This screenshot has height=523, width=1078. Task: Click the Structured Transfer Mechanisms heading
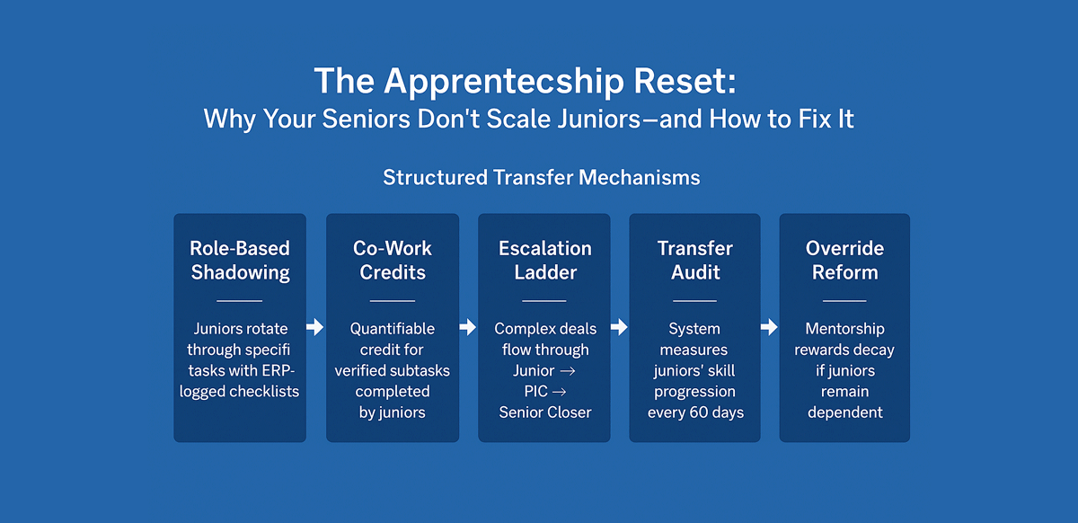[541, 177]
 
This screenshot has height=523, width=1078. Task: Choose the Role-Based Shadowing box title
[239, 260]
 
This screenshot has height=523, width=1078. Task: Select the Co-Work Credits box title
[392, 260]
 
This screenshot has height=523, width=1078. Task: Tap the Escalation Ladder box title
[544, 260]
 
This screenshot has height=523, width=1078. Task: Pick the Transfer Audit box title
[694, 260]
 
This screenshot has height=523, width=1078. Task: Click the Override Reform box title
[844, 260]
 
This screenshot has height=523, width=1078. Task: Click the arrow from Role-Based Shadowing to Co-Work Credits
[315, 328]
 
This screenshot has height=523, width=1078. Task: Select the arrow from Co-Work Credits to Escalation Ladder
[468, 328]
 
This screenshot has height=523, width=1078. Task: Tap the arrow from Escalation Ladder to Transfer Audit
[620, 328]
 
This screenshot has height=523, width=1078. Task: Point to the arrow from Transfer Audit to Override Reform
[770, 328]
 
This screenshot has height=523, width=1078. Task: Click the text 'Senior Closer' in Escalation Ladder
[545, 412]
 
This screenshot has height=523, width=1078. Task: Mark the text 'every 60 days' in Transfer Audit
[694, 412]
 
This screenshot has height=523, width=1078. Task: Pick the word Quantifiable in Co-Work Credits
[392, 329]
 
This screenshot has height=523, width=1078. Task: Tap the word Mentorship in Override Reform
[844, 329]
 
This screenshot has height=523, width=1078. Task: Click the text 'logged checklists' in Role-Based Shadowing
[239, 392]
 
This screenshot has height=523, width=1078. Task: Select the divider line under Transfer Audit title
[694, 300]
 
